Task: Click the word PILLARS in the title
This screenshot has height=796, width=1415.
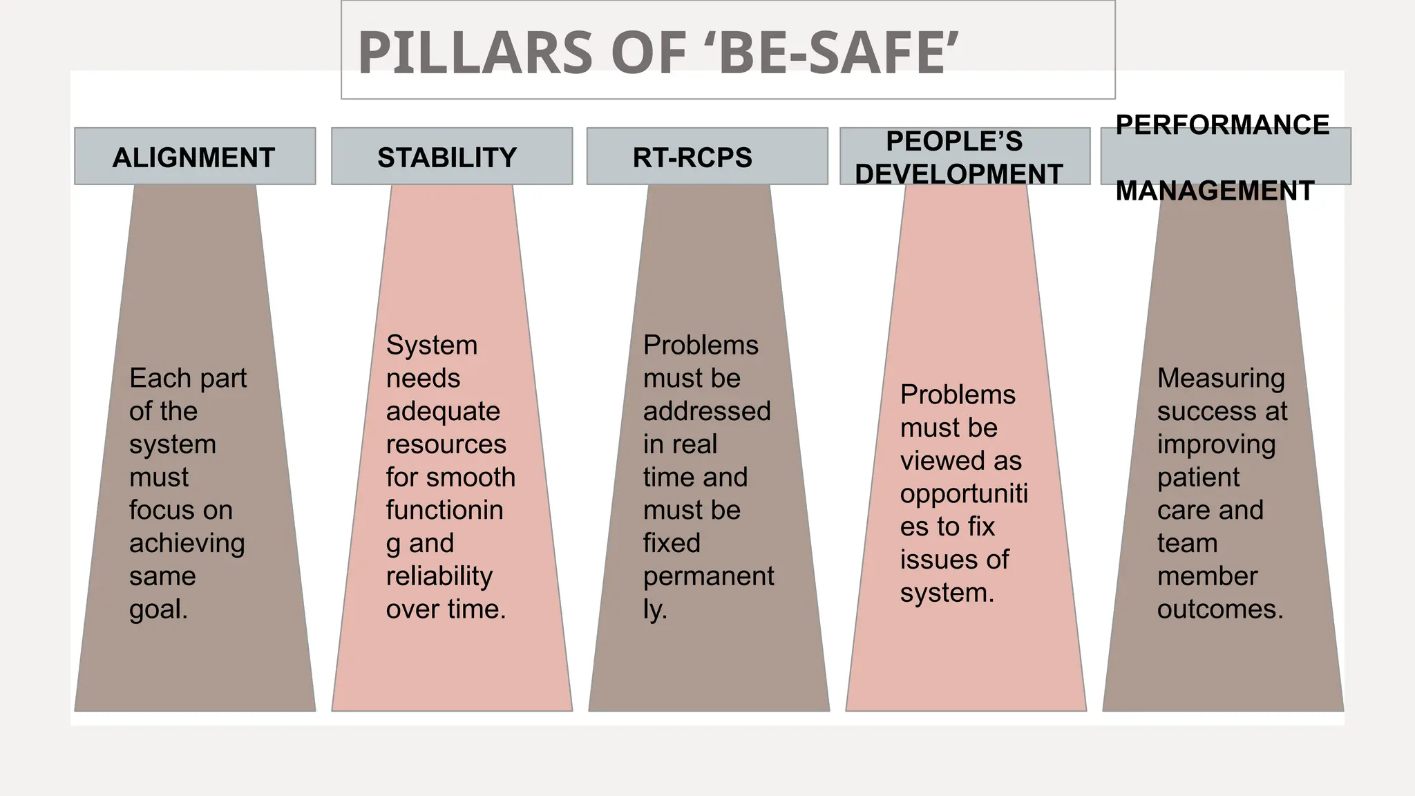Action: tap(475, 53)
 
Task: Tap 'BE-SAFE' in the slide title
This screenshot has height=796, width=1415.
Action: tap(831, 53)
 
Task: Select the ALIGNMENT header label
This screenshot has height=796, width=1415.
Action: tap(193, 158)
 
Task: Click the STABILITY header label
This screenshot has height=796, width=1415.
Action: tap(447, 158)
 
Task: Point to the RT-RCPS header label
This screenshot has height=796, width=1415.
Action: tap(692, 158)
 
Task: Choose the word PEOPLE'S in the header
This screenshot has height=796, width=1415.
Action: tap(954, 141)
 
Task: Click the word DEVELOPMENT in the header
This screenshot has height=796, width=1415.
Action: tap(959, 174)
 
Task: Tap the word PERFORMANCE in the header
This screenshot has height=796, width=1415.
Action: tap(1222, 125)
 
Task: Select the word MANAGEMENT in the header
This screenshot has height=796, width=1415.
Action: tap(1215, 191)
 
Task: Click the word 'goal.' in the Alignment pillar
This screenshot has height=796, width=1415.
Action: tap(159, 609)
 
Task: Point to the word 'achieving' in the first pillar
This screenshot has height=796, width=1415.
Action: tap(187, 543)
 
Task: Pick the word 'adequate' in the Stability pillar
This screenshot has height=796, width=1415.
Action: tap(443, 411)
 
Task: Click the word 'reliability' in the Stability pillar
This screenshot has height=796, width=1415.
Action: tap(439, 576)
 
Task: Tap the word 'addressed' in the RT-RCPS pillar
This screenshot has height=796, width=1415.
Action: tap(707, 411)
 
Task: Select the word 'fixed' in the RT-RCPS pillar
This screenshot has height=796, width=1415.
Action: tap(672, 543)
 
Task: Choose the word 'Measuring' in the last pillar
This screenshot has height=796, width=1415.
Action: tap(1221, 379)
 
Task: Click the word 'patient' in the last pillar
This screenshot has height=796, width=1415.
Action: tap(1198, 477)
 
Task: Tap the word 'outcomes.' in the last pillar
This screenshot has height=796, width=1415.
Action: tap(1220, 609)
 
